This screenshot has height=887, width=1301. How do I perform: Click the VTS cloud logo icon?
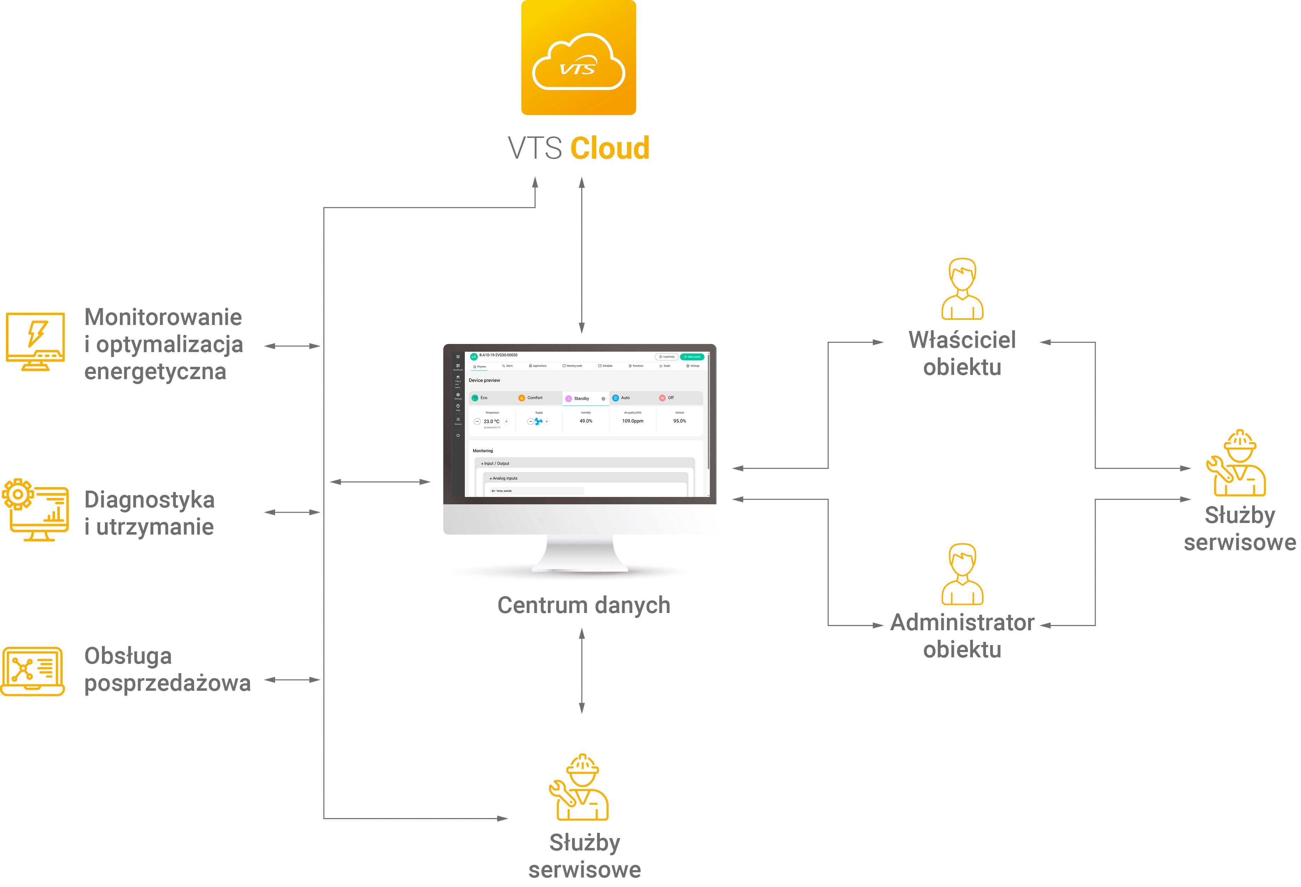pyautogui.click(x=578, y=58)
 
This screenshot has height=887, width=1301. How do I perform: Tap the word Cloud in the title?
pyautogui.click(x=610, y=148)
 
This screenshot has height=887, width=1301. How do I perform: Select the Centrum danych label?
pyautogui.click(x=583, y=605)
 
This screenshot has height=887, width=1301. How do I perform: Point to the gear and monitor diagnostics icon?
pyautogui.click(x=35, y=510)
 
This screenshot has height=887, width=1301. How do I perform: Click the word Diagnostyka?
pyautogui.click(x=149, y=499)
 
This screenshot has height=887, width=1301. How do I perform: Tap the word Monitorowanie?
pyautogui.click(x=163, y=317)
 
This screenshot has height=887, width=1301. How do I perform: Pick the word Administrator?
pyautogui.click(x=962, y=623)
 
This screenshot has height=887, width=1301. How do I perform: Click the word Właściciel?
pyautogui.click(x=962, y=340)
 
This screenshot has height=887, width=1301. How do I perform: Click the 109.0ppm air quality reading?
pyautogui.click(x=633, y=421)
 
